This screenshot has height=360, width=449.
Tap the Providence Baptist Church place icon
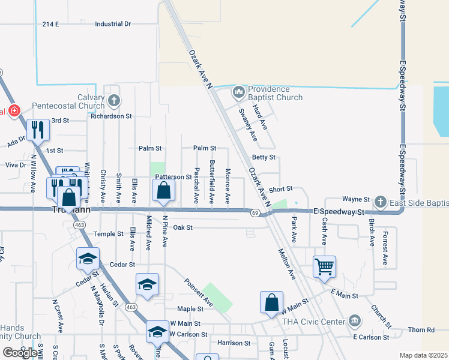(238, 92)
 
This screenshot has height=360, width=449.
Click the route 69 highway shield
(255, 213)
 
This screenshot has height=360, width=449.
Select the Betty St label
(264, 157)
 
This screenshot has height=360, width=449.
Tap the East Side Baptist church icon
(381, 203)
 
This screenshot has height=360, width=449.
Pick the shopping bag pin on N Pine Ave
(163, 190)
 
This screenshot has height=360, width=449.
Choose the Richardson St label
(111, 116)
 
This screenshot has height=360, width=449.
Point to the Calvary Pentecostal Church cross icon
(113, 100)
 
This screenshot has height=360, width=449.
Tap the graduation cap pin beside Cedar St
(88, 258)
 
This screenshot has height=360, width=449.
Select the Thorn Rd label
(421, 329)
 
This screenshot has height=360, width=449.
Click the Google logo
(20, 353)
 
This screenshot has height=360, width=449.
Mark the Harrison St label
(234, 343)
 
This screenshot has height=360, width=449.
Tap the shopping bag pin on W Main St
(271, 302)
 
